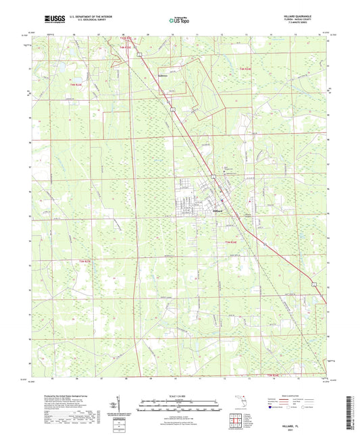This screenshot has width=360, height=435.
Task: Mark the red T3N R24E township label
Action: (231, 243)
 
